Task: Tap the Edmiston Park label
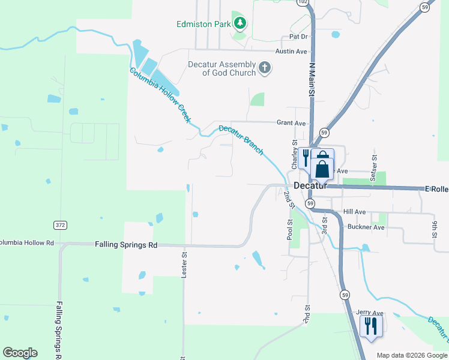[x=203, y=24]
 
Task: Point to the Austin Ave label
[x=291, y=52]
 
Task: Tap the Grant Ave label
[x=291, y=123]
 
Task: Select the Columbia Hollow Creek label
[x=160, y=95]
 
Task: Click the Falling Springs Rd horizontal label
[x=126, y=245]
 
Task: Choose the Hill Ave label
[x=354, y=212]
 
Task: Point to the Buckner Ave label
[x=366, y=227]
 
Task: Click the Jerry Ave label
[x=369, y=313]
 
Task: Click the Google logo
[x=20, y=353]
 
